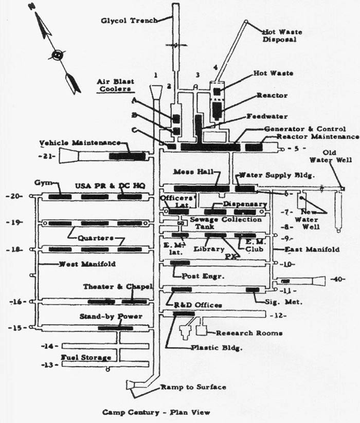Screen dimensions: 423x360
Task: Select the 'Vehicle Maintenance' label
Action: (80, 142)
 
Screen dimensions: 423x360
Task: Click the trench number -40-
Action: (337, 280)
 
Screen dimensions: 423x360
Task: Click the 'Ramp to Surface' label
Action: (193, 387)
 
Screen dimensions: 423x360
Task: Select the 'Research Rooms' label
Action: (249, 333)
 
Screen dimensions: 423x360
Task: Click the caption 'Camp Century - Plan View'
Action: (156, 412)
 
